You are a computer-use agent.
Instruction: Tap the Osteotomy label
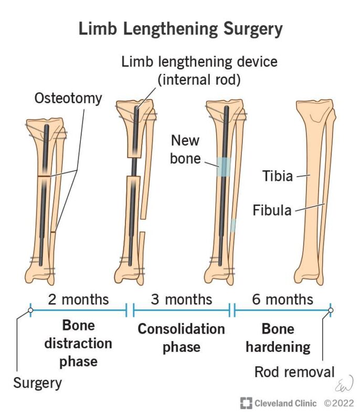point(69,98)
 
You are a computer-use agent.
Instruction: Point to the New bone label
point(185,149)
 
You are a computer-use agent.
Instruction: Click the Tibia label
point(278,176)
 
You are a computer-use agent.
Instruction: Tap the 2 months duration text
point(78,300)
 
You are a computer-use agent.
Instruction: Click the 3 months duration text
point(182,300)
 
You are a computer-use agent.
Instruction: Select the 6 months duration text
point(282,300)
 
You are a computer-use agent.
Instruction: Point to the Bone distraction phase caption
point(78,344)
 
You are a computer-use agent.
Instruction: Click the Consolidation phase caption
point(181,338)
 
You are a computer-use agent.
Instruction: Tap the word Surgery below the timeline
point(37,383)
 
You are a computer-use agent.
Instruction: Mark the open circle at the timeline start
point(30,311)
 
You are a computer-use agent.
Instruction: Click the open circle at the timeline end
point(331,311)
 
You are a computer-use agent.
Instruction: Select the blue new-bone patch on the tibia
point(224,167)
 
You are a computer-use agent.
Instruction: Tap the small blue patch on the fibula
point(233,226)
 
